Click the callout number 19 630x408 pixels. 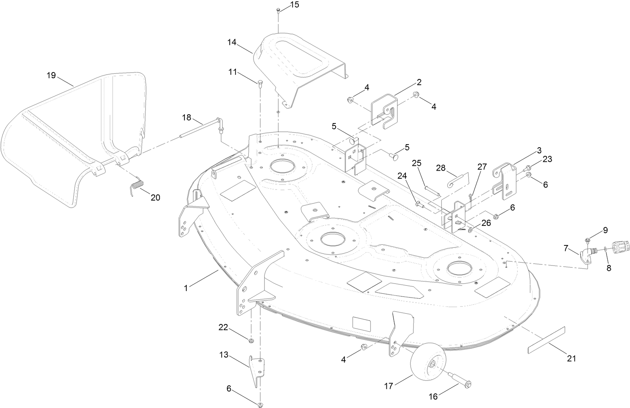click(x=51, y=75)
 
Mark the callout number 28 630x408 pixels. click(x=441, y=168)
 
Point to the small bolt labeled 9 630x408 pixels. click(x=588, y=240)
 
